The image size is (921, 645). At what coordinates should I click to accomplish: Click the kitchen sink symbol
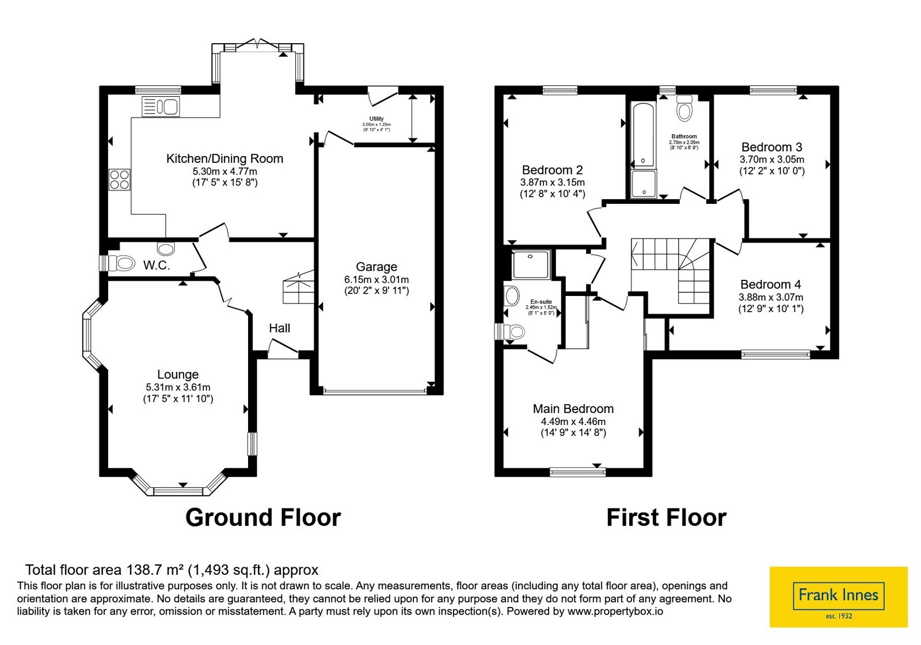click(x=161, y=106)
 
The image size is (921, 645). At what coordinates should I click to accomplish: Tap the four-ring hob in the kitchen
click(x=119, y=180)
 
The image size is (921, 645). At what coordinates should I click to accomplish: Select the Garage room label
click(x=376, y=267)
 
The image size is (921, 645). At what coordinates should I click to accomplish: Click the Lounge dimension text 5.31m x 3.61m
click(x=178, y=387)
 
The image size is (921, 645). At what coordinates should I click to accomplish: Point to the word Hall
click(x=280, y=328)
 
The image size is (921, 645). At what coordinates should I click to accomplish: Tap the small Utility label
click(x=376, y=119)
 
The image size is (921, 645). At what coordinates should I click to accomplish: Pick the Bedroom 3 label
click(x=772, y=147)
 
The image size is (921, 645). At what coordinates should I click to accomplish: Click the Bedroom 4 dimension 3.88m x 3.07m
click(x=771, y=297)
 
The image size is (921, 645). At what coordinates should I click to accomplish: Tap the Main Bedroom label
click(x=573, y=408)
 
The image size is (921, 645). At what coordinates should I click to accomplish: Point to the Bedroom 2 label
click(x=553, y=170)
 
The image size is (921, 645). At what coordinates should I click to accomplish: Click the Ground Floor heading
click(x=263, y=518)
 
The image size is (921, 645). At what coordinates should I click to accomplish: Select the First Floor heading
click(x=667, y=518)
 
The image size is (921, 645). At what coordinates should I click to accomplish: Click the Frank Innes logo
click(x=838, y=597)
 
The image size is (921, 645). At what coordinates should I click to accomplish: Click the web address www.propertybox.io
click(x=615, y=611)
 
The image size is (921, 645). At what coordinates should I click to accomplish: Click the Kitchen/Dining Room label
click(x=224, y=159)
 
